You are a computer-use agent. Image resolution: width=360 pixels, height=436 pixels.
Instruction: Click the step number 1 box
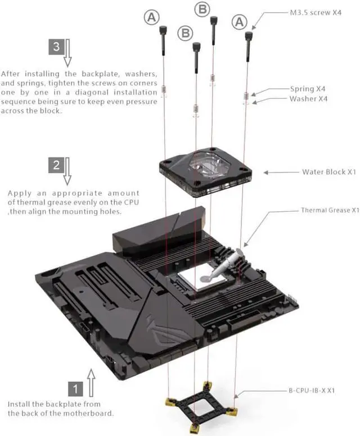(75, 388)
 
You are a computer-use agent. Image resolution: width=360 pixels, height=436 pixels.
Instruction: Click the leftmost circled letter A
(151, 17)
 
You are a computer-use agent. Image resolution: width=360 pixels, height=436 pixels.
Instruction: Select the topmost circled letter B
(203, 8)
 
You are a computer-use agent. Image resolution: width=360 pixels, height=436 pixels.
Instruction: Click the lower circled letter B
(185, 33)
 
